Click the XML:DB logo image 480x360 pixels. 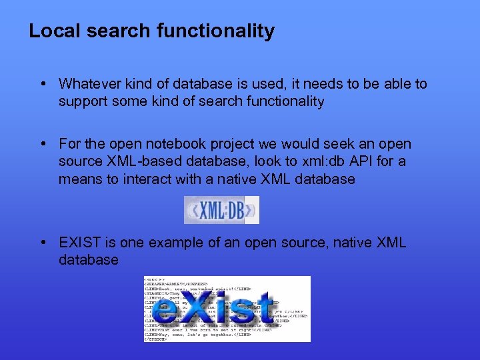(221, 210)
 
